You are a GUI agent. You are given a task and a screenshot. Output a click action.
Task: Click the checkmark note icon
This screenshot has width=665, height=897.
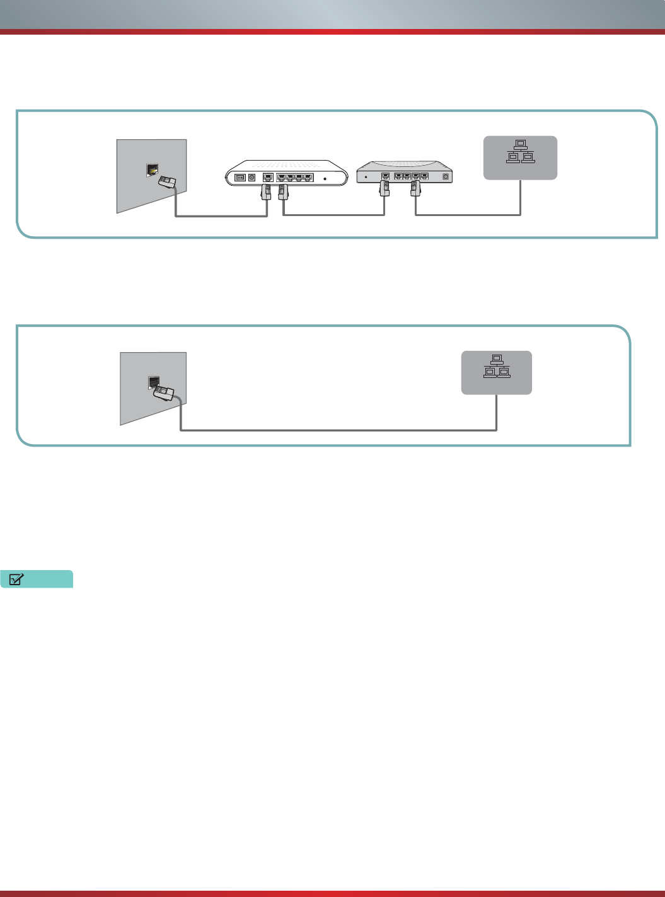tap(17, 579)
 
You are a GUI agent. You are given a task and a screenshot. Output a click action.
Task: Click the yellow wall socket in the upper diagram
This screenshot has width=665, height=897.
tap(152, 169)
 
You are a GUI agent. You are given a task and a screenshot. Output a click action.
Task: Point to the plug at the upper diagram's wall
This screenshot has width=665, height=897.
tap(167, 182)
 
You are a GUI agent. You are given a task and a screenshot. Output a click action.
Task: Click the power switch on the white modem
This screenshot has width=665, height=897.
tap(240, 178)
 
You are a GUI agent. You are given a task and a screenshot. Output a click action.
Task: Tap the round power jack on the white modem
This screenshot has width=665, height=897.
tap(252, 178)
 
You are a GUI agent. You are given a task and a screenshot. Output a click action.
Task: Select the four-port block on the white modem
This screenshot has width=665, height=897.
tap(294, 178)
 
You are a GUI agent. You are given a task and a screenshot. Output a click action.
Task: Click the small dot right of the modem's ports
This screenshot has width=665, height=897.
tap(325, 179)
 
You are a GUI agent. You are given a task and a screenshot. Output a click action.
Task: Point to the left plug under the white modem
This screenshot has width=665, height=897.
tap(266, 191)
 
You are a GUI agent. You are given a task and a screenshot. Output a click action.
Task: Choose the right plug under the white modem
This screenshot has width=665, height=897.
tap(282, 191)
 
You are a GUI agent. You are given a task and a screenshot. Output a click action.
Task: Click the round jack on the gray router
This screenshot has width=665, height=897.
tap(446, 177)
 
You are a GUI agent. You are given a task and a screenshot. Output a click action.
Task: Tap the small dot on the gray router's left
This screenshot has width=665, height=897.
tap(366, 177)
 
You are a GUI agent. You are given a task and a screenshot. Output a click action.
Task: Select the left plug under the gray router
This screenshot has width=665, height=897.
tap(384, 188)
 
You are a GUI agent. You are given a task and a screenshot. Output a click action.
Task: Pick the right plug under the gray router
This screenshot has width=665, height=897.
tap(415, 188)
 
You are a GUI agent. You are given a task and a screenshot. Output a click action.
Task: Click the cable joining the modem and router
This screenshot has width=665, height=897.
tap(334, 216)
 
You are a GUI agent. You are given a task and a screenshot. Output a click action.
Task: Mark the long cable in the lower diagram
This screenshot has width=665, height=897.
tap(340, 430)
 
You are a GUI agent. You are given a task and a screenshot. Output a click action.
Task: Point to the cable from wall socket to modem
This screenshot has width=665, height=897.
tap(221, 217)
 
